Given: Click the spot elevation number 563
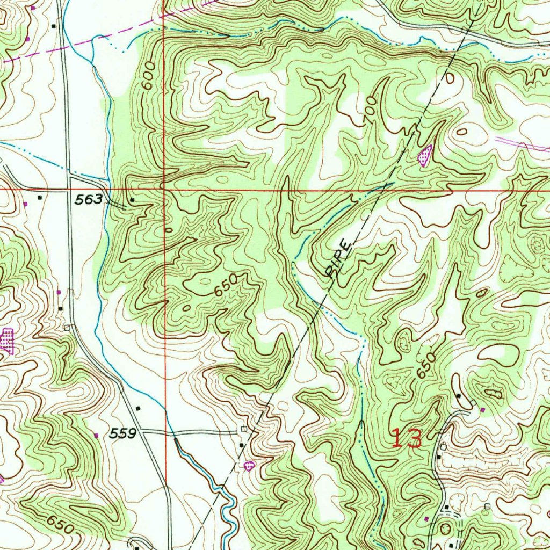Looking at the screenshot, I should pos(89,199).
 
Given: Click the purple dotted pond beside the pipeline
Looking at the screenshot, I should pos(425,156).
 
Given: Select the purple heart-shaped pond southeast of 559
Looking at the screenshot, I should pos(249,466).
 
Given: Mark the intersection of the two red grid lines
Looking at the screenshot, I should pos(164,190).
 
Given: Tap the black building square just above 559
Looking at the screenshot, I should pos(139,408).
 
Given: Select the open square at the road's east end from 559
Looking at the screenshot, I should pos(244,429).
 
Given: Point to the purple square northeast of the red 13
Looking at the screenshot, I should pos(482,410).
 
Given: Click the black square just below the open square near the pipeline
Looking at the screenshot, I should pos(241,445).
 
